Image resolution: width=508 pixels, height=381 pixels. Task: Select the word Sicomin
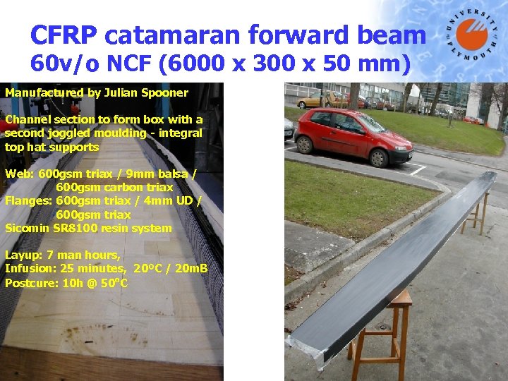tap(28, 228)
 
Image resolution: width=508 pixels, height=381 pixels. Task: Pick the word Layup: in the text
tap(23, 255)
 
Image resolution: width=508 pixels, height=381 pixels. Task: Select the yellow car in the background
tap(317, 100)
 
